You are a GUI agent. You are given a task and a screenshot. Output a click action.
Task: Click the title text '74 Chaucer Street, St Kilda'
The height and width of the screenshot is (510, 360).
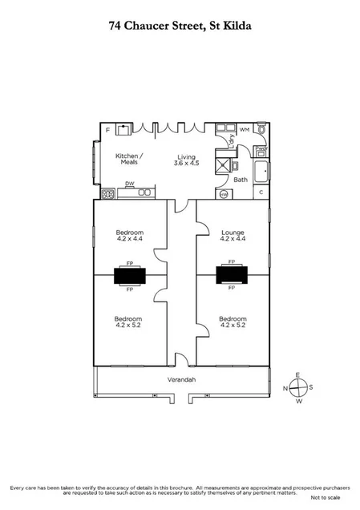point(180,26)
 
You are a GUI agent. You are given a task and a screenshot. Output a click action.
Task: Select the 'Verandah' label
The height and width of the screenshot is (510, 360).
point(180,379)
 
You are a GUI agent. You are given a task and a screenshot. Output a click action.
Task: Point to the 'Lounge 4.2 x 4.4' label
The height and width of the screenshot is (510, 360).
point(233,236)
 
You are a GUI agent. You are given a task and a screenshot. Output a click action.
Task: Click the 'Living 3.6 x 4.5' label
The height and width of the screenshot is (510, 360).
point(187,160)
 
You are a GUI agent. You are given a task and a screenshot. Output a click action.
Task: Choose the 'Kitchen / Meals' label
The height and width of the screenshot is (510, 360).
point(129,159)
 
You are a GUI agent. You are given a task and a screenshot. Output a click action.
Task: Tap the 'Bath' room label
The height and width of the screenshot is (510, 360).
point(241,180)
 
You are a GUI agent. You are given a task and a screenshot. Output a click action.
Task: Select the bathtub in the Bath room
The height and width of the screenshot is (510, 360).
point(261,170)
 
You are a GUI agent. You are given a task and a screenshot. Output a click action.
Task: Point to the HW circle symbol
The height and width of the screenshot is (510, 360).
point(224,193)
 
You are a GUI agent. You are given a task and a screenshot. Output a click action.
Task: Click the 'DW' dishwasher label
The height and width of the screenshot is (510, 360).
point(129,184)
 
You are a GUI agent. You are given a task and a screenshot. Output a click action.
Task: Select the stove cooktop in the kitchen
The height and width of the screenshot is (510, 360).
point(107,193)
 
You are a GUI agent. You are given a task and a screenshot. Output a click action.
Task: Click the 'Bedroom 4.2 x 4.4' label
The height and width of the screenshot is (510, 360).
point(129,236)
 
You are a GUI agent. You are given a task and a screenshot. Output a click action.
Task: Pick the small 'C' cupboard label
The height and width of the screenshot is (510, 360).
point(261,192)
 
